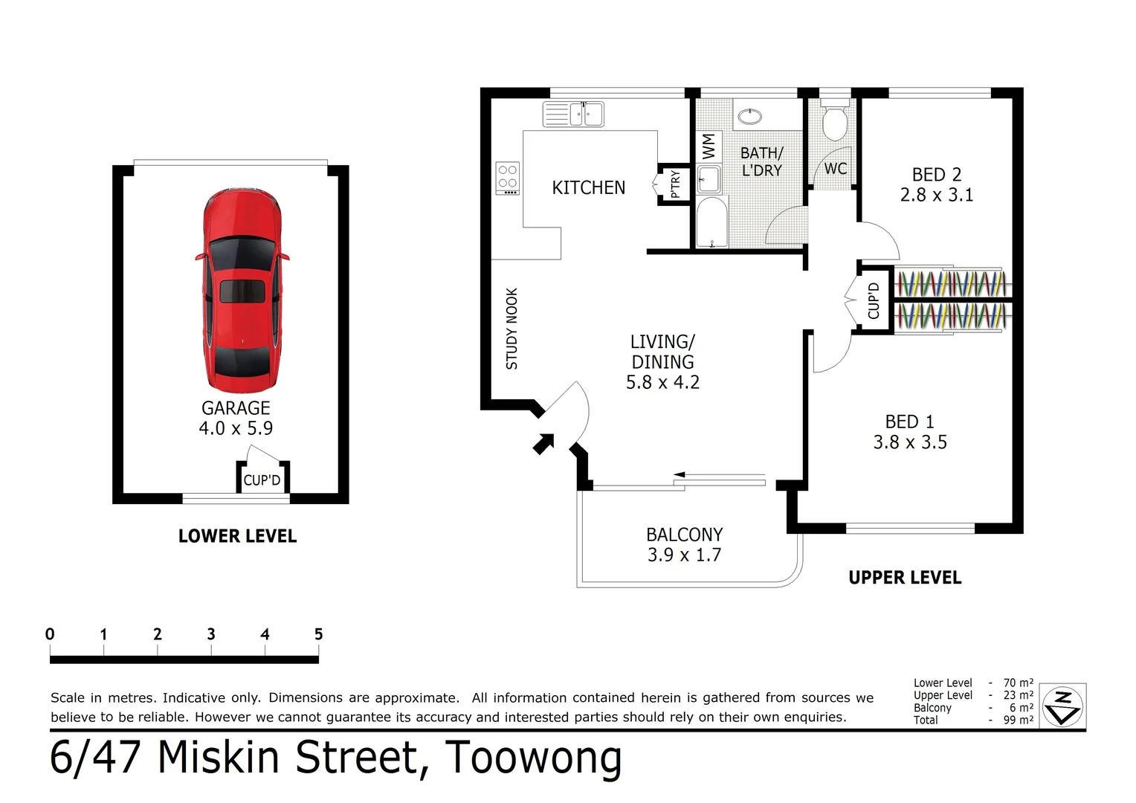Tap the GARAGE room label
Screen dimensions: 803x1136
click(236, 408)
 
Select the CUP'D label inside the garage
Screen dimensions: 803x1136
click(262, 480)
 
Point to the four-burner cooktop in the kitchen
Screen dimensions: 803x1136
click(508, 178)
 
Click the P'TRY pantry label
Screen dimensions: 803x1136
click(675, 184)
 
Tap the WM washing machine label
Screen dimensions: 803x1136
click(709, 146)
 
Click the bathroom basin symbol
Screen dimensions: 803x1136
click(750, 116)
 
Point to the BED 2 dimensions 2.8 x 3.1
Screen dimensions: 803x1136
click(936, 196)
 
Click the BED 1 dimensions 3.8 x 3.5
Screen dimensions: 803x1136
click(910, 442)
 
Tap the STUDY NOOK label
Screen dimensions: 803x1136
click(511, 329)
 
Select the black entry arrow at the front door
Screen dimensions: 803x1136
click(543, 443)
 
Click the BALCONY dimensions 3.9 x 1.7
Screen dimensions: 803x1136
click(684, 555)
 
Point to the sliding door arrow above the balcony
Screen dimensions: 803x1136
click(717, 475)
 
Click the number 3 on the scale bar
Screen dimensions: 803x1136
click(211, 634)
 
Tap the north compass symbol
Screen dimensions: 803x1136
click(1063, 706)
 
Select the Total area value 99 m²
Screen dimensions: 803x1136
click(1018, 720)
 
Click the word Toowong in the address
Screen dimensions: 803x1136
click(533, 758)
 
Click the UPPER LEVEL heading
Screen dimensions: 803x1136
click(905, 578)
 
